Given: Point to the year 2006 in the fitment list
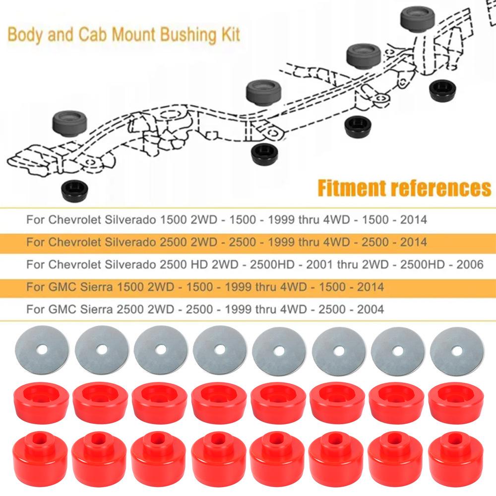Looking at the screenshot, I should [469, 264].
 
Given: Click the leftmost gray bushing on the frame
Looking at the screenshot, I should [70, 123].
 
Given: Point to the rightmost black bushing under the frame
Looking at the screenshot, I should [443, 89].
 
